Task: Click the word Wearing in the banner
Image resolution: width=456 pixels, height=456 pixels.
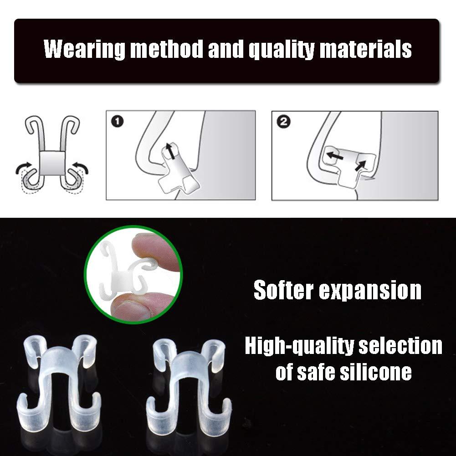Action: (x=84, y=49)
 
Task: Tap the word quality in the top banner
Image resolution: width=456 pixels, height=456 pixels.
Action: (x=282, y=49)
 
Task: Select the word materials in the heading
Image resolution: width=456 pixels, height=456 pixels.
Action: (x=365, y=49)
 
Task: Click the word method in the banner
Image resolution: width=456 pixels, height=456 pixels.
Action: (x=167, y=48)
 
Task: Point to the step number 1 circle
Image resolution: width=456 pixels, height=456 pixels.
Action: (x=118, y=121)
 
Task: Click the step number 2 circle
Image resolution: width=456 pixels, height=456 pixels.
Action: (x=283, y=122)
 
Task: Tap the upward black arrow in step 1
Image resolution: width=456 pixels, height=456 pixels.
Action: (x=170, y=151)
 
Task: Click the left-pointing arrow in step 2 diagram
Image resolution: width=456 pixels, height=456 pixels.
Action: (x=334, y=156)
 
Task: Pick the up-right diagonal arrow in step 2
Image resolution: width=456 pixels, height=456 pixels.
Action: (x=361, y=165)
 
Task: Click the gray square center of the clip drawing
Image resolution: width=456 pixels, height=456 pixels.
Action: (x=52, y=163)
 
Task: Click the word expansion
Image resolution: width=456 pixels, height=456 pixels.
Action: (x=370, y=290)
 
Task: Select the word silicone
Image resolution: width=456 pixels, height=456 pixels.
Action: (x=376, y=372)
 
